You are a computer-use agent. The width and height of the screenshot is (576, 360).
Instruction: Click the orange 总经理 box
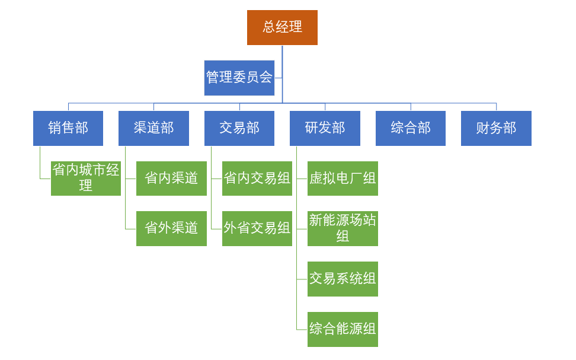[x=282, y=27]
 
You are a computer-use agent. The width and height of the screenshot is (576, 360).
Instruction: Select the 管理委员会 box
[x=239, y=78]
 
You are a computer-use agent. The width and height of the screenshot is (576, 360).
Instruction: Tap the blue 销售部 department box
[x=68, y=128]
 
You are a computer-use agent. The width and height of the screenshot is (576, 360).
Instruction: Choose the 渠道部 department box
[x=153, y=128]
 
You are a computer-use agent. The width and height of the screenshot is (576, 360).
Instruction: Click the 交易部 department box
[x=239, y=128]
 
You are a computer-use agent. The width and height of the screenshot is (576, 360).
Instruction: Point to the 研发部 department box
[x=325, y=128]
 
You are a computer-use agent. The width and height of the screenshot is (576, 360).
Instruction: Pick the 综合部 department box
[x=411, y=128]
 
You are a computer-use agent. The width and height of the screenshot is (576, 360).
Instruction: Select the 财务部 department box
[x=496, y=128]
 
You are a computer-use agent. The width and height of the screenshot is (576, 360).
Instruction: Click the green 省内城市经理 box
[x=86, y=178]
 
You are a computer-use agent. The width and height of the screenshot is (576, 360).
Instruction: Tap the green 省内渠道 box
[x=171, y=178]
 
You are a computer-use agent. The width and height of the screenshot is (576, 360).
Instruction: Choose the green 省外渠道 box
[x=171, y=228]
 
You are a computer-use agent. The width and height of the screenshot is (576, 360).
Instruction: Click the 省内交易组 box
[x=257, y=178]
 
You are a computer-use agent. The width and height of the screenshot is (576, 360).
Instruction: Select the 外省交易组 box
[x=257, y=228]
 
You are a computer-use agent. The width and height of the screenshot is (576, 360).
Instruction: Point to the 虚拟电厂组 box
[x=343, y=178]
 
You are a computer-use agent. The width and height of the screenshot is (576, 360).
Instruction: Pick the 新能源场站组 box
[x=343, y=228]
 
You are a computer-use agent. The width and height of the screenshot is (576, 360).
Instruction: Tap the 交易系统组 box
[x=343, y=279]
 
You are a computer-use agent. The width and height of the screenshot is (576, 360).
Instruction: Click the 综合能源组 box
[x=343, y=329]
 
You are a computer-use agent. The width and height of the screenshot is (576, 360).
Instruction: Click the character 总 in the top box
[x=269, y=27]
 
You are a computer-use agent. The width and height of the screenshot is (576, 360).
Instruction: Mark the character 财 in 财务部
[x=483, y=128]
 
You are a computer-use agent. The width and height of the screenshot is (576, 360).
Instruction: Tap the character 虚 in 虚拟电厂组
[x=316, y=178]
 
